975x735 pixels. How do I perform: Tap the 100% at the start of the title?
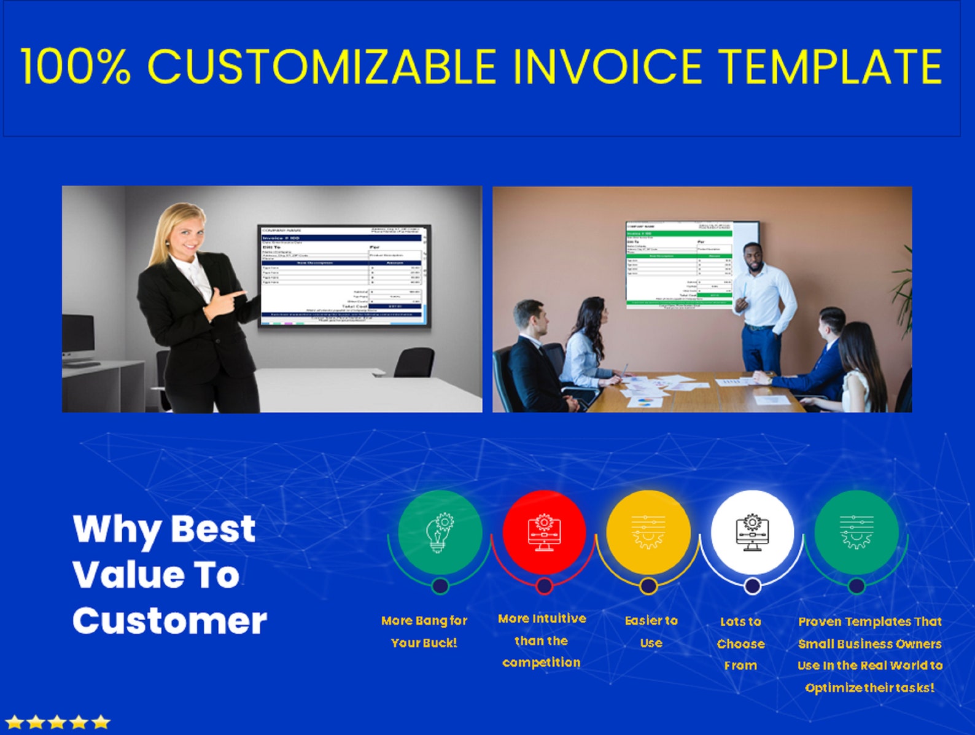tap(76, 66)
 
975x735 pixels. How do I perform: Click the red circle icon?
tap(543, 532)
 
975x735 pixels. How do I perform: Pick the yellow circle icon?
tap(648, 532)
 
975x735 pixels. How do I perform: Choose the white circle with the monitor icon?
tap(752, 532)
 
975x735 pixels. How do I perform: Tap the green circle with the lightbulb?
tap(440, 532)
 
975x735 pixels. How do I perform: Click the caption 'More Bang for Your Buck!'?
tap(424, 632)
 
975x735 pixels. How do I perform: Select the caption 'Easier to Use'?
tap(651, 632)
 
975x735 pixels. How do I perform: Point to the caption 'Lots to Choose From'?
tap(740, 644)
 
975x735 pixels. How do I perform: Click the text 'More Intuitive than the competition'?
tap(542, 640)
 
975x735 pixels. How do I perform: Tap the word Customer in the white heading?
tap(169, 621)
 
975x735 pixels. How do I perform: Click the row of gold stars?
tap(58, 722)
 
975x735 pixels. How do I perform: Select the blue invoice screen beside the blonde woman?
tap(341, 275)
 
